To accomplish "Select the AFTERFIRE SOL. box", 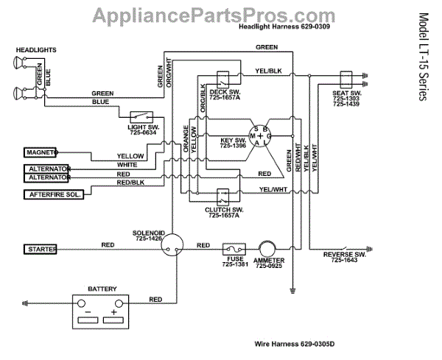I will (x=52, y=194).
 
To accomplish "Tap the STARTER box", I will (x=41, y=250).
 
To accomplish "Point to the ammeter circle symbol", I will (x=264, y=250).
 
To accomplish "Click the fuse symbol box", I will (x=234, y=250).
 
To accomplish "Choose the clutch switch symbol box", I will (x=222, y=197).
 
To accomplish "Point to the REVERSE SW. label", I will (x=344, y=255).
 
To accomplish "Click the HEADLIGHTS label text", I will (x=35, y=49).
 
